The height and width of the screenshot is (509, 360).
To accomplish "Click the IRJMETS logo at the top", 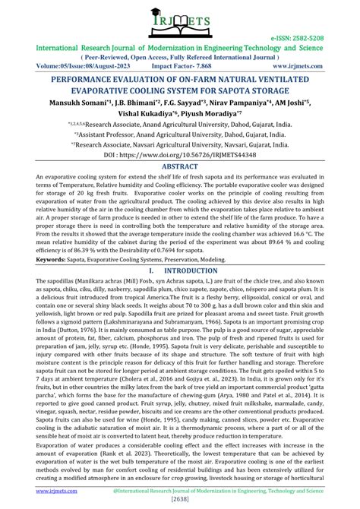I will (x=180, y=21).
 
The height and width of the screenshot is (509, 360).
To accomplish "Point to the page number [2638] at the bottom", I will (x=180, y=499).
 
